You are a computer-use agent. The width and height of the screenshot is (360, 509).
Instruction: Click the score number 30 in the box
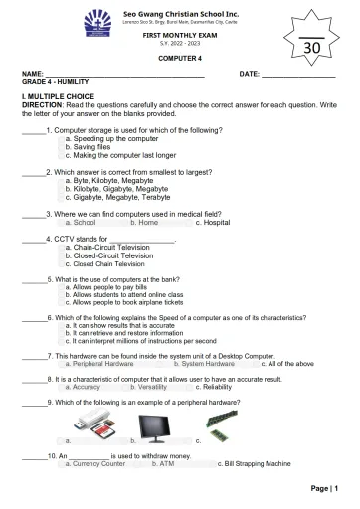tap(311, 48)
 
